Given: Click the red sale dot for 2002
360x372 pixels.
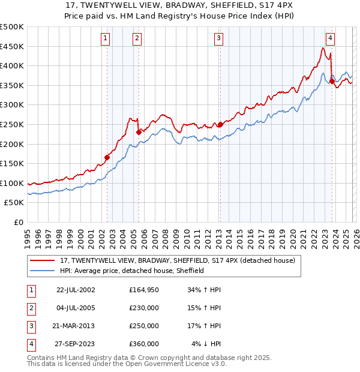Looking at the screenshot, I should pyautogui.click(x=107, y=157).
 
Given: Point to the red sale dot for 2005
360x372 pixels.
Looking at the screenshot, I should pyautogui.click(x=139, y=132).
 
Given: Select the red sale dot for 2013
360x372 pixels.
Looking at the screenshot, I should pyautogui.click(x=220, y=124).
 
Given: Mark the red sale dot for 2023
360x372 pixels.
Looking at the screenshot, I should pyautogui.click(x=332, y=82).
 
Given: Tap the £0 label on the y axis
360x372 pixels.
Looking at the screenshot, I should pyautogui.click(x=19, y=222).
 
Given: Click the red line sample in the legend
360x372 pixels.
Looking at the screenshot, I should pyautogui.click(x=43, y=261).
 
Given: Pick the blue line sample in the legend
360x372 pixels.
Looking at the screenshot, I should pyautogui.click(x=43, y=271).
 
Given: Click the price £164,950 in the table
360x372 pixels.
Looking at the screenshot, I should pyautogui.click(x=143, y=290).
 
